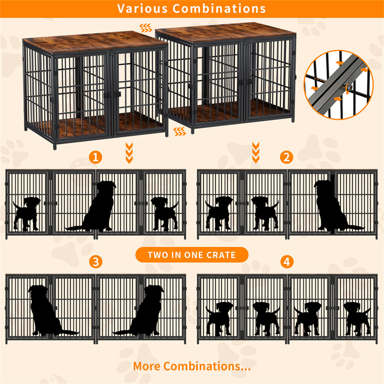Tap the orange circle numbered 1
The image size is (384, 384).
(x=96, y=157)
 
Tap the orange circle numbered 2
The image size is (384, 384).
(x=286, y=157)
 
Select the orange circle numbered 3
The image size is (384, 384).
(x=96, y=262)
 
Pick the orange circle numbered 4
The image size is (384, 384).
(x=286, y=262)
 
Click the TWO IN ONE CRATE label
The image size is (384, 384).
(x=192, y=255)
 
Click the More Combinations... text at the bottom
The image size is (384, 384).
(x=192, y=366)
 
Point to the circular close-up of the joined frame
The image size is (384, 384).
(x=338, y=85)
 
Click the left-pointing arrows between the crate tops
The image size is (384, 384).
(x=146, y=28)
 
